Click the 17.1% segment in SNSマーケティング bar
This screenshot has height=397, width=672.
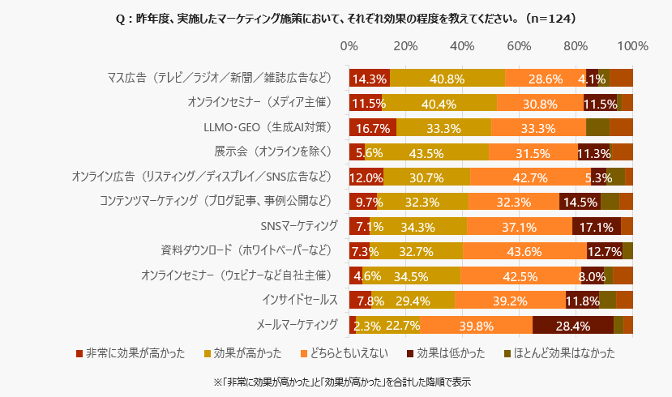click(x=597, y=226)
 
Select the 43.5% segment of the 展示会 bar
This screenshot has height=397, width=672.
click(x=426, y=152)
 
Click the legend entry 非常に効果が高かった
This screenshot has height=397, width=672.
click(x=131, y=353)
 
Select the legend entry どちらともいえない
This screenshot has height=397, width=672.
click(x=345, y=353)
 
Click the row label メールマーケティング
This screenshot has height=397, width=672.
click(x=297, y=325)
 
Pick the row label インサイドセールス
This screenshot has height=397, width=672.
click(x=299, y=300)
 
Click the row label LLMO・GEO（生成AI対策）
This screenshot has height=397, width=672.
click(x=268, y=127)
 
